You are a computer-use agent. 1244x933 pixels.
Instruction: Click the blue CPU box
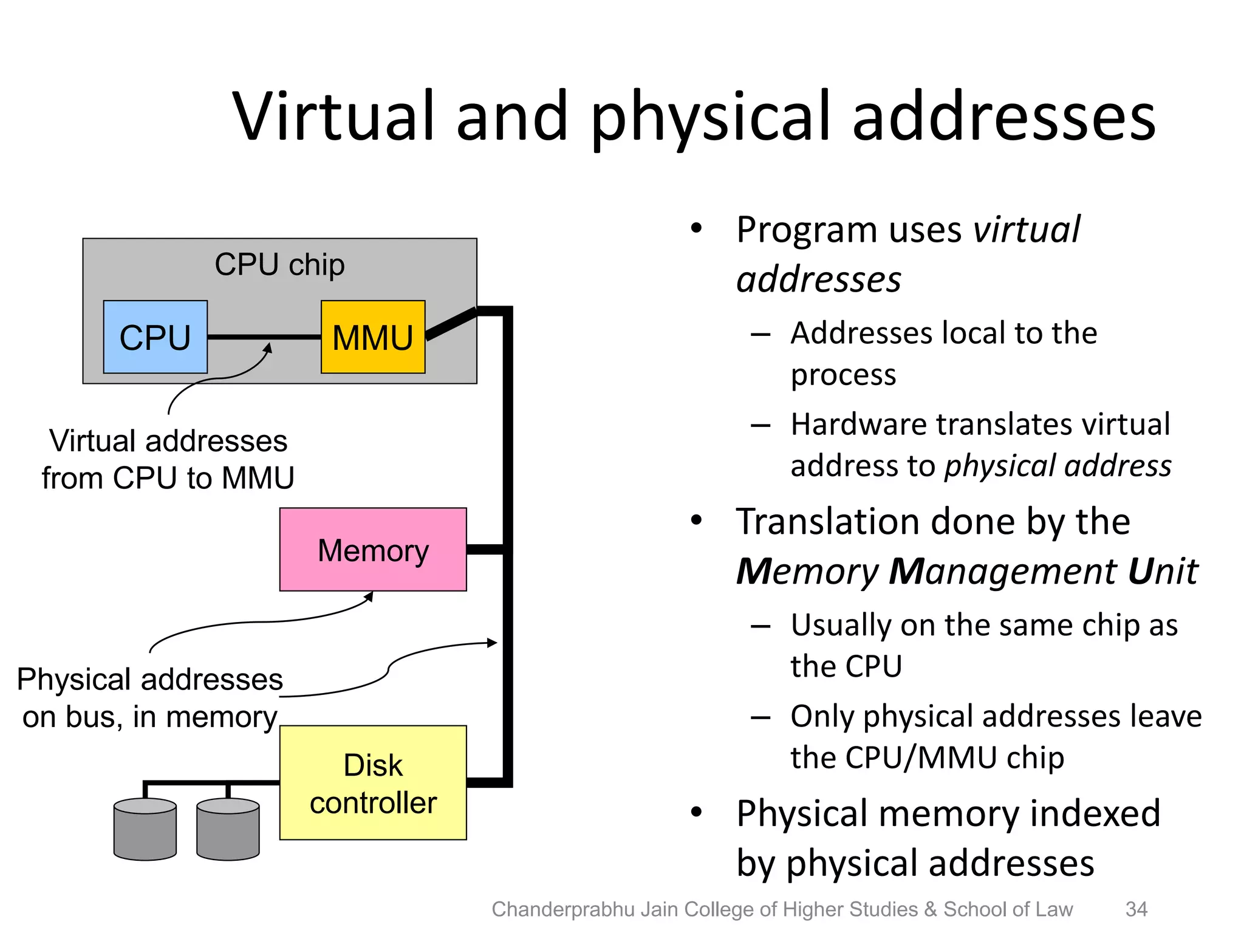pos(155,337)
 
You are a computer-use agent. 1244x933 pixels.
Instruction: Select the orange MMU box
pos(372,337)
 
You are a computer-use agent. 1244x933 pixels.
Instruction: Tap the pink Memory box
pos(372,550)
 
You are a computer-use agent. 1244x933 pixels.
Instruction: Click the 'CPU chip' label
pos(279,264)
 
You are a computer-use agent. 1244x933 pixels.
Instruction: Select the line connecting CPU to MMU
pos(264,337)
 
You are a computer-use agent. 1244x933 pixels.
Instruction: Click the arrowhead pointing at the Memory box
pos(369,596)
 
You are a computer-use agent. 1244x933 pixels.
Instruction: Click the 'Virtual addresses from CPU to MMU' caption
pos(168,459)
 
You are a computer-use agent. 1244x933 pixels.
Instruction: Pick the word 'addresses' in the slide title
pos(1003,117)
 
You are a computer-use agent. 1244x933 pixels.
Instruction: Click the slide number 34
pos(1136,909)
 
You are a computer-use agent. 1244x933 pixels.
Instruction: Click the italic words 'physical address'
pos(1057,466)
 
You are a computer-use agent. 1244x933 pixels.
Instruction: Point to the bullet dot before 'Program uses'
pos(696,229)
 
